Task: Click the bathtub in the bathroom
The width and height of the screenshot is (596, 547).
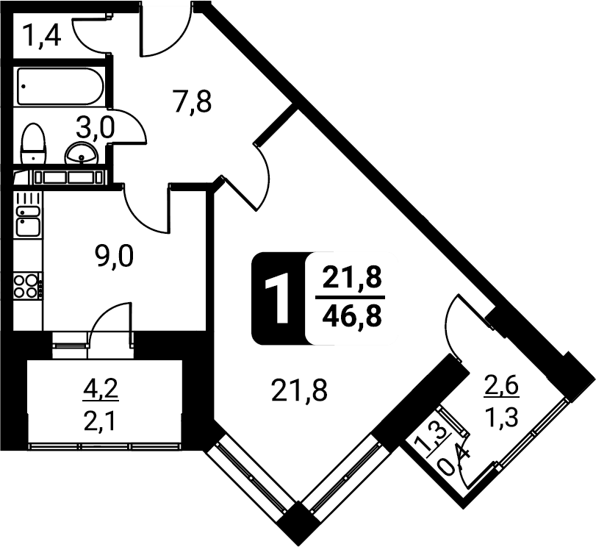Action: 60,86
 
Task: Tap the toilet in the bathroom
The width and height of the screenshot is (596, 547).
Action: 33,143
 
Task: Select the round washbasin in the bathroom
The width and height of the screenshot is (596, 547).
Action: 82,154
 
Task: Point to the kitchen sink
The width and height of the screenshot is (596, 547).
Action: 28,221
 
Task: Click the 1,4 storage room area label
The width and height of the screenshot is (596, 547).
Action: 41,35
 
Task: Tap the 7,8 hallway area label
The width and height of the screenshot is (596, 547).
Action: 193,101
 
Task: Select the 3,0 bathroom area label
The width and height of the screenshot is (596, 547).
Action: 95,128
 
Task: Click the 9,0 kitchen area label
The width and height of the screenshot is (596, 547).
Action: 114,257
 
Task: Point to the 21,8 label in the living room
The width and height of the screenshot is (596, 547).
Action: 299,390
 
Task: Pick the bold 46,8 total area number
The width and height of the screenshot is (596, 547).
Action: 351,316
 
